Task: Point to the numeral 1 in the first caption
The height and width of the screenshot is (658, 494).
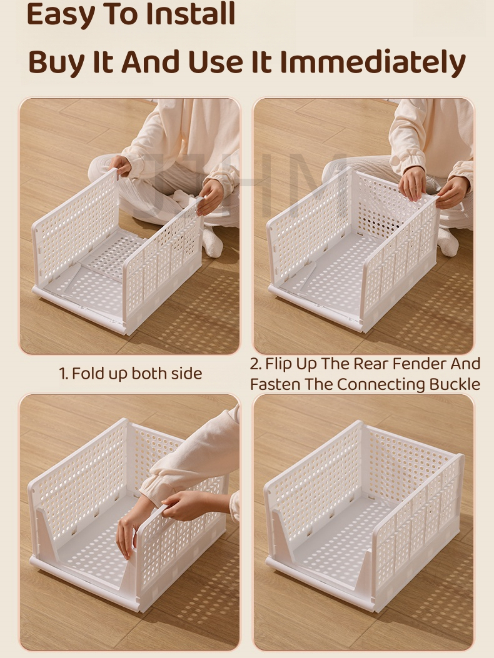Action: (63, 374)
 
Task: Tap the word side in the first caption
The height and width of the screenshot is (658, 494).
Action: (187, 373)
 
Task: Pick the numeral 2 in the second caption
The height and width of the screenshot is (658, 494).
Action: (255, 364)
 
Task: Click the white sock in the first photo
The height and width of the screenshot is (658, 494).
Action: (212, 242)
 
